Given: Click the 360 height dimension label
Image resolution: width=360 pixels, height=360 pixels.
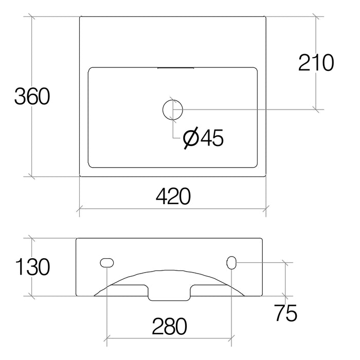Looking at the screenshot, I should click(x=31, y=97).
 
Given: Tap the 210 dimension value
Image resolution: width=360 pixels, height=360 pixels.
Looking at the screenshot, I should click(x=316, y=63).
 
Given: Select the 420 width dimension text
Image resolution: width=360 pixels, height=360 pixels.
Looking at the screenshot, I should click(x=172, y=196).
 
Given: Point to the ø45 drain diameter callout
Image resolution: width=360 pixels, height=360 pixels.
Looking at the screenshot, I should click(x=203, y=137).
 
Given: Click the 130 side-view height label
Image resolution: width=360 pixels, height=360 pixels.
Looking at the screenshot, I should click(x=31, y=267).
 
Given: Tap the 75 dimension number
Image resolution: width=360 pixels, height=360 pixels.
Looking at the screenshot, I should click(x=285, y=313).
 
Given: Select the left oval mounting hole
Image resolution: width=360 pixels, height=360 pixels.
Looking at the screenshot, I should click(x=107, y=263).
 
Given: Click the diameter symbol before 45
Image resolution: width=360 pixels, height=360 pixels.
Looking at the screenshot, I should click(x=190, y=137).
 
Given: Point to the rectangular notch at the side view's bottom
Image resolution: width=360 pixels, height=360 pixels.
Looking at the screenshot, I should click(x=169, y=297).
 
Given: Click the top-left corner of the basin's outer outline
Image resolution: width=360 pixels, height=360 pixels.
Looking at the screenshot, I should click(x=80, y=17).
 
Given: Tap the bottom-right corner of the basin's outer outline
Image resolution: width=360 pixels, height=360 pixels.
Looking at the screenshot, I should click(x=266, y=176).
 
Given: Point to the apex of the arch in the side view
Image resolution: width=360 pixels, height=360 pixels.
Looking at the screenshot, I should click(x=169, y=269).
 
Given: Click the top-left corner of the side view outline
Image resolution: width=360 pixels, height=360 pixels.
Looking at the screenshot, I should click(x=76, y=239).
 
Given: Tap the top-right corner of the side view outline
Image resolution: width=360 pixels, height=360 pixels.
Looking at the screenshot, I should click(x=263, y=239).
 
